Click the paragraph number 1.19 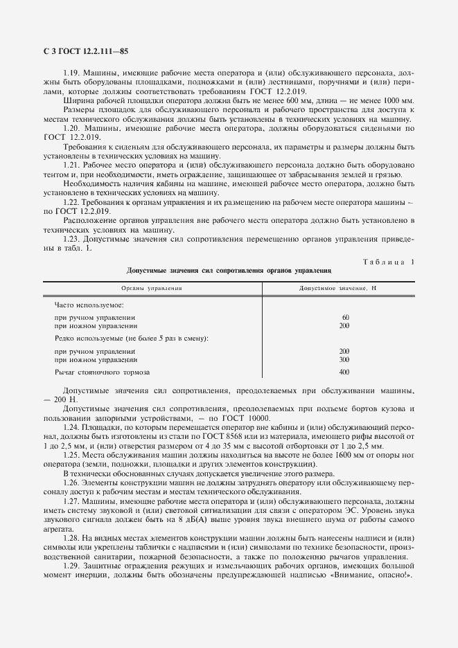(71, 73)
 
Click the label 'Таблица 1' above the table (387, 261)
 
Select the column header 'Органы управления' (152, 287)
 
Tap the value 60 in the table (345, 317)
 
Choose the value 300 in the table (344, 359)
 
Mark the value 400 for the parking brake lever (344, 372)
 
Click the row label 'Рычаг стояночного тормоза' (97, 372)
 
